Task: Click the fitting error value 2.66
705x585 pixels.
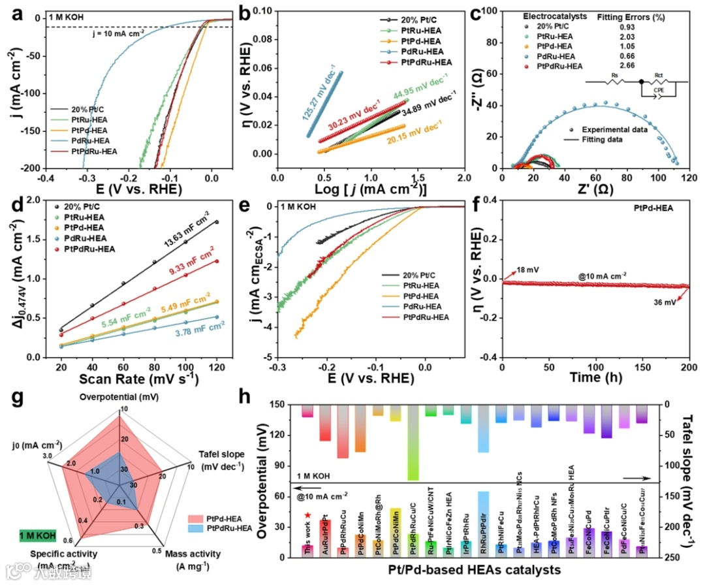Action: tap(627, 66)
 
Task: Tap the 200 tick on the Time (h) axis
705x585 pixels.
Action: tap(688, 365)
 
